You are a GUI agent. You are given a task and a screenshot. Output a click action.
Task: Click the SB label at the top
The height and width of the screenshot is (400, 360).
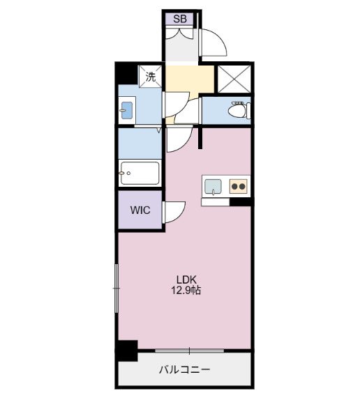(x=180, y=19)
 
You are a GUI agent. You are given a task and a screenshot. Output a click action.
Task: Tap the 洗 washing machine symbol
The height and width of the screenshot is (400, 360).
(x=151, y=76)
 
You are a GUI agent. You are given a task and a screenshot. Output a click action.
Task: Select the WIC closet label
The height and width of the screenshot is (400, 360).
(x=140, y=209)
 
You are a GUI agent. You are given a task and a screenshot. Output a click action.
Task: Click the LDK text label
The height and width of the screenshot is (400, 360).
(x=185, y=279)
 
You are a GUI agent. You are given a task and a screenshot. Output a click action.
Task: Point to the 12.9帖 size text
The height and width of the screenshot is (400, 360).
(x=186, y=291)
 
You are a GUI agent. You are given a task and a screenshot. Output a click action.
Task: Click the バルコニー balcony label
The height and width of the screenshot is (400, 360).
(x=184, y=369)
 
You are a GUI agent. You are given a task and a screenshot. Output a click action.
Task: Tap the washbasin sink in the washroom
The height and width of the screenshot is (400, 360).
(x=127, y=110)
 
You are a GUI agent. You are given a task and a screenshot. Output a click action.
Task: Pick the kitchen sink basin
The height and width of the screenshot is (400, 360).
(x=213, y=186)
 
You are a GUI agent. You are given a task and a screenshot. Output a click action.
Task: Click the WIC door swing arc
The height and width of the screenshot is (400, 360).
(x=174, y=211)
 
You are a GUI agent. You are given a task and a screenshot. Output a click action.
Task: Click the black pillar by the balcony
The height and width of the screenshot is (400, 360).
(x=126, y=351)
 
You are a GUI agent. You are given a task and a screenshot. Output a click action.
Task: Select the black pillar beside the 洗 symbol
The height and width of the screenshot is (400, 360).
(x=126, y=72)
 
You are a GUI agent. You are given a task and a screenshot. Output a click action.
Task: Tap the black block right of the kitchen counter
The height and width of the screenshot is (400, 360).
(x=241, y=203)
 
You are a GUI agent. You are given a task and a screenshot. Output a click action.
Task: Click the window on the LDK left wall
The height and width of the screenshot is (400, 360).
(x=117, y=286)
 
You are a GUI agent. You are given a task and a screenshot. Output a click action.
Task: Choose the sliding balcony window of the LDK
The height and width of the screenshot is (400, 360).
(x=188, y=348)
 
